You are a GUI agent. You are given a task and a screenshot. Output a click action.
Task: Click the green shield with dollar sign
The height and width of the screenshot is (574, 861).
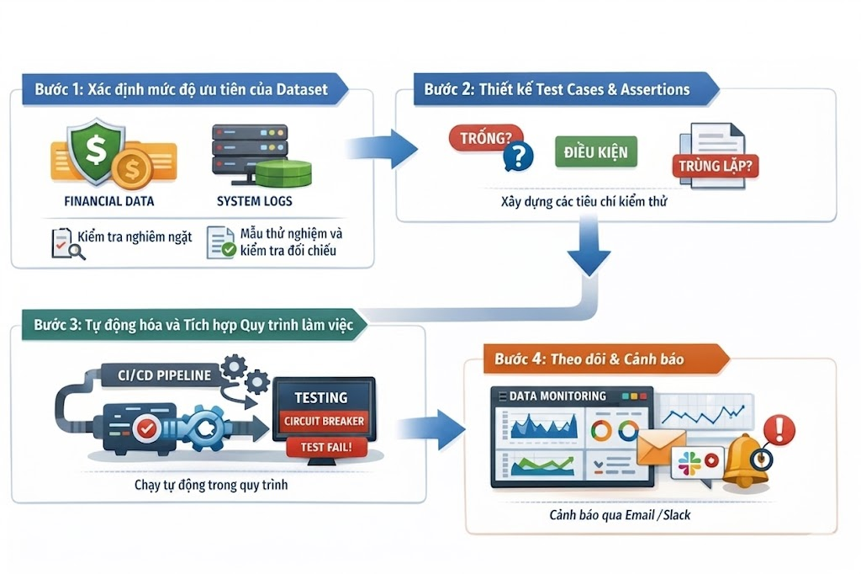95,151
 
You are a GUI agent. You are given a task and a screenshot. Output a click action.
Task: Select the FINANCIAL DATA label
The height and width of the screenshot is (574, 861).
109,202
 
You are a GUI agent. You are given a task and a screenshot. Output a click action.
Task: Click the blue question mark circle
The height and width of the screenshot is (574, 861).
520,156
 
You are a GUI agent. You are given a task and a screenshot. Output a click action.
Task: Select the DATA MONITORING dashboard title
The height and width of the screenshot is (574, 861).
557,396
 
